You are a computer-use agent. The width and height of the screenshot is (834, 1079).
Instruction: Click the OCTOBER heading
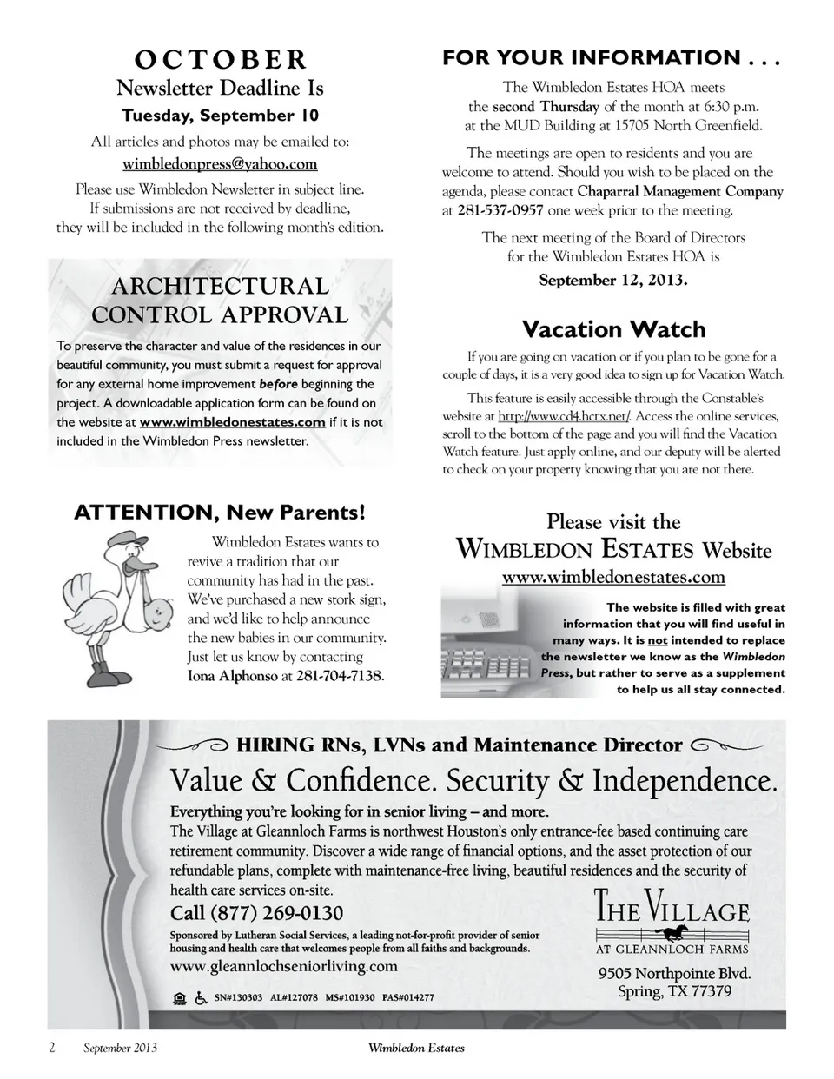220,60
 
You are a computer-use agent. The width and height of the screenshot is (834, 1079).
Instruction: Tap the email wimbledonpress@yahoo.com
220,163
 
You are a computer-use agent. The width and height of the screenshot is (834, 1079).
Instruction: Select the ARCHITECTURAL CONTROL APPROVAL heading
219,301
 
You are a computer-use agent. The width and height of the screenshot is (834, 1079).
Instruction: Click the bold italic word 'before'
278,384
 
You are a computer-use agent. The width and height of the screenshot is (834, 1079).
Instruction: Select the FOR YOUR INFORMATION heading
612,58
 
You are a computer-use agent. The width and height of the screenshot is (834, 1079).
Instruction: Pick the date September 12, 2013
613,280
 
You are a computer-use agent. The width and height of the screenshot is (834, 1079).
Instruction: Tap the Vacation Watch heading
613,329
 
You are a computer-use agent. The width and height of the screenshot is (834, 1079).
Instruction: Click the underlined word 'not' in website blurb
657,641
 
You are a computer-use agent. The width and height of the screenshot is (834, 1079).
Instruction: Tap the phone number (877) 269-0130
257,913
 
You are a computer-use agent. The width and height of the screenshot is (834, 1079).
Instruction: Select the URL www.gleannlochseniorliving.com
284,966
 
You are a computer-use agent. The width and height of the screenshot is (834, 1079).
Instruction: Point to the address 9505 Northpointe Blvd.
674,973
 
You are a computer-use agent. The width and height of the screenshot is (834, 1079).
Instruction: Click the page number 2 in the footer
51,1048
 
